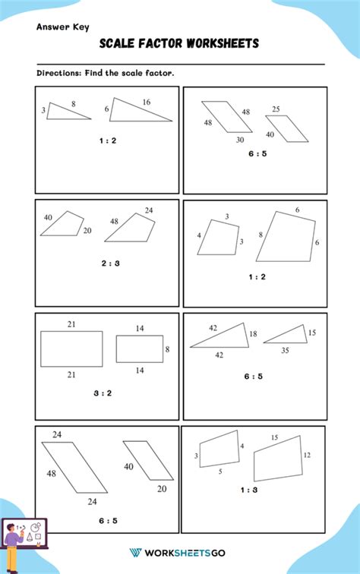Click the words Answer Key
coord(63,27)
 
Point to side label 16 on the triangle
coord(146,102)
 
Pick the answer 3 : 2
coord(103,393)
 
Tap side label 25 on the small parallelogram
coord(276,109)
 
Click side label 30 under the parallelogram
coord(240,140)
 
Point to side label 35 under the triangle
coord(285,350)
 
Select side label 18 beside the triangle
coord(253,334)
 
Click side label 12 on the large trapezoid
coord(308,455)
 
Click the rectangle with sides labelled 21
coord(71,349)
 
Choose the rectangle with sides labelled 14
coord(139,348)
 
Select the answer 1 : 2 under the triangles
coord(107,140)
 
